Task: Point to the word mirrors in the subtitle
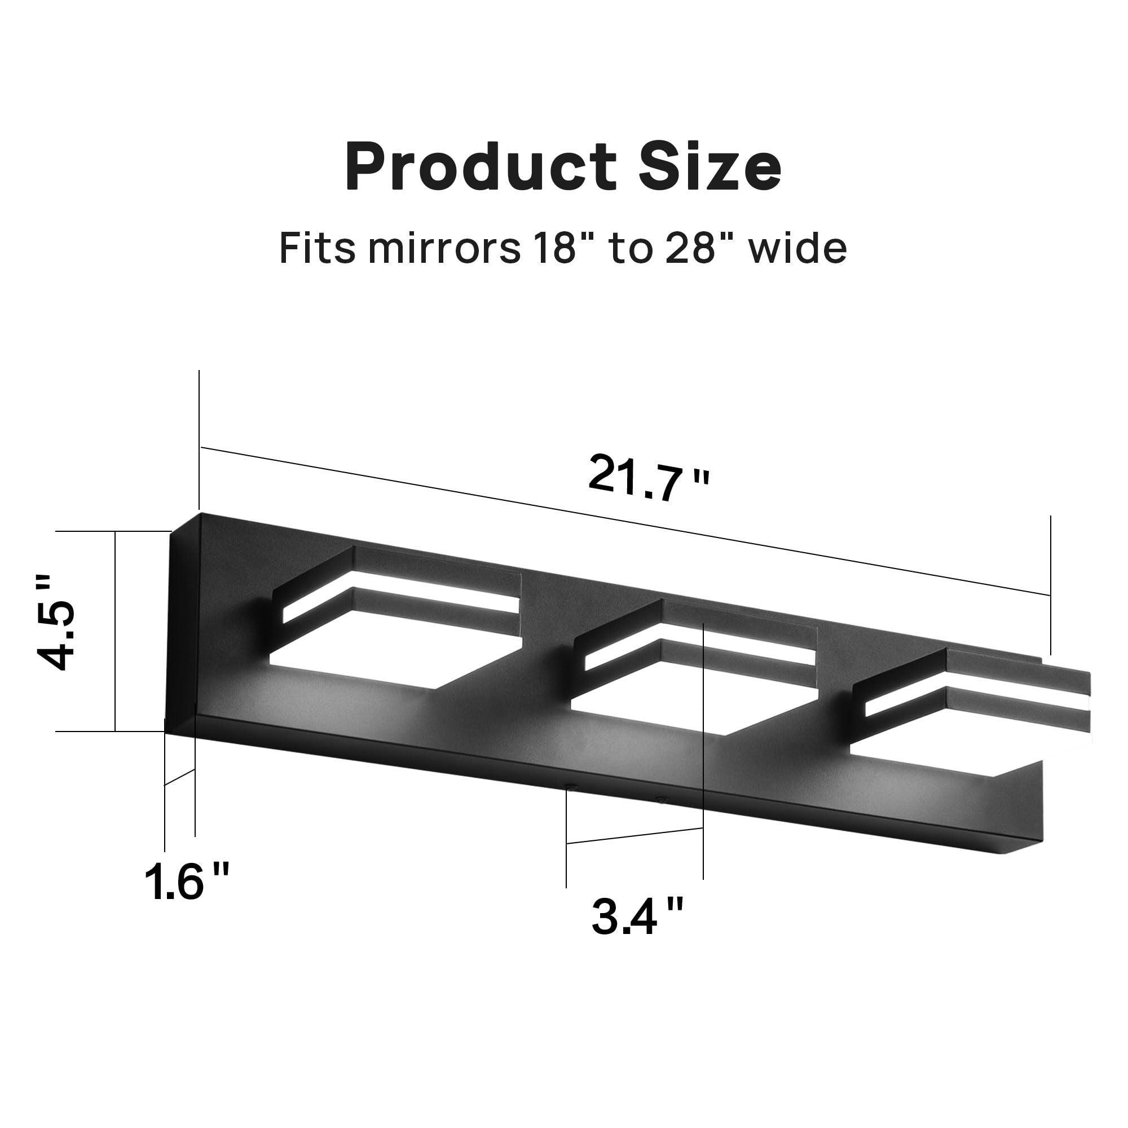pyautogui.click(x=444, y=248)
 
